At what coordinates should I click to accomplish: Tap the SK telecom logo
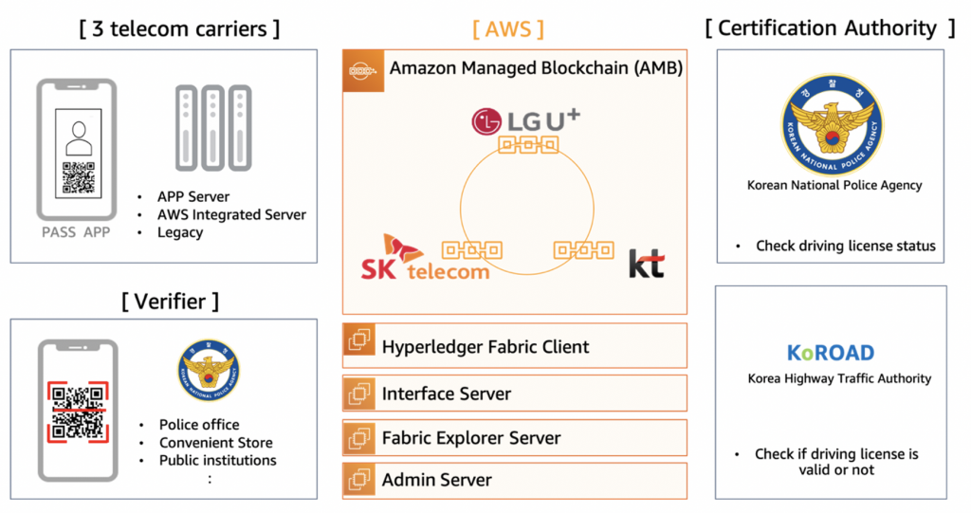pos(425,257)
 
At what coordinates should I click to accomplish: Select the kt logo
pos(646,263)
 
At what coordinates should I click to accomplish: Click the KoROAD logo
pos(830,353)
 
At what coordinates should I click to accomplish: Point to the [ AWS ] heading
pos(507,27)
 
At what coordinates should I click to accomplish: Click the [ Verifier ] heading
pos(170,301)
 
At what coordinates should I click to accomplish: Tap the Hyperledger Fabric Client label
pos(485,347)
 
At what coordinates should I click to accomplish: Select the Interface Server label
pos(447,393)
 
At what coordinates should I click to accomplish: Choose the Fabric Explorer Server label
pos(471,438)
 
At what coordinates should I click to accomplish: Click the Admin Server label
pos(437,480)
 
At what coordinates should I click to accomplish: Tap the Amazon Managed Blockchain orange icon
pos(363,71)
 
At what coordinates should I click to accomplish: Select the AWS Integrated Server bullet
pos(231,214)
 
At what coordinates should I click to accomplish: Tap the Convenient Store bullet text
pos(215,442)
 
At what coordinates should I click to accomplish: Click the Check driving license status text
pos(845,246)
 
